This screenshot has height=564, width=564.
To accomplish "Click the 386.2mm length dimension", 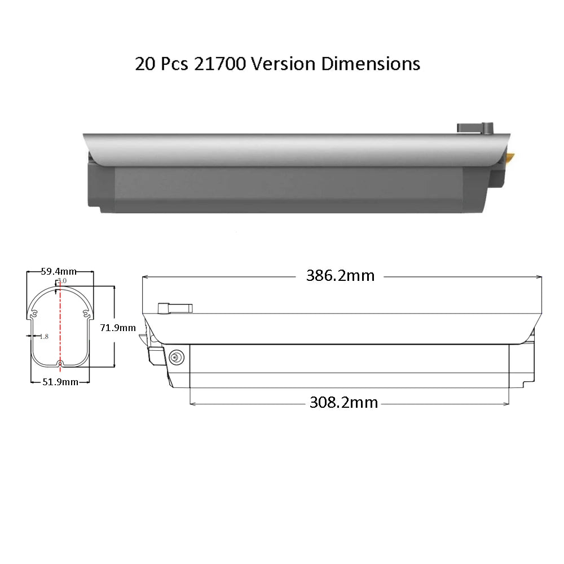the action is click(x=340, y=276).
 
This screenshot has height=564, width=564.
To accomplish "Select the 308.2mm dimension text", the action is click(x=343, y=402).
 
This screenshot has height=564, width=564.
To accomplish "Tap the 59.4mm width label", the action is click(x=59, y=271).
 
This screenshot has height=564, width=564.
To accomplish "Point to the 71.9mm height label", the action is click(x=118, y=328).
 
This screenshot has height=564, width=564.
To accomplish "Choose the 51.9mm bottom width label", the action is click(x=60, y=382).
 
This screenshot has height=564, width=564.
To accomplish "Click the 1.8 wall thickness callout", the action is click(x=44, y=337).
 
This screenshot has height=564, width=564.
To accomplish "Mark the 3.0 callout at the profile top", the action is click(x=62, y=280).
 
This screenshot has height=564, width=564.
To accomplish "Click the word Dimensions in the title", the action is click(x=371, y=64).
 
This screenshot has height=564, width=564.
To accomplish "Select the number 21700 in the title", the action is click(x=220, y=64).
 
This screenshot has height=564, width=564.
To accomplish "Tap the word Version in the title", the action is click(x=283, y=64).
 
